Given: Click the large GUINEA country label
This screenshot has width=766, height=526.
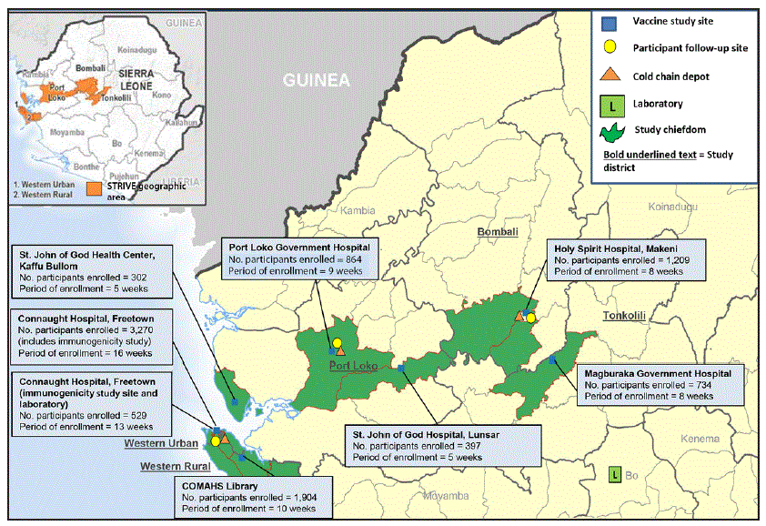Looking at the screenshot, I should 316,80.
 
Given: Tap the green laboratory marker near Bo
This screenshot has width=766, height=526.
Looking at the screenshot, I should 615,475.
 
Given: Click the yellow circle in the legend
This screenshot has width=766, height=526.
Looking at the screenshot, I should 611,48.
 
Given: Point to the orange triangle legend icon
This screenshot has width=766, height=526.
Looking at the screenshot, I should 611,76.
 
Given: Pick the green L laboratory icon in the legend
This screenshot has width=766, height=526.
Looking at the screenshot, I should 611,105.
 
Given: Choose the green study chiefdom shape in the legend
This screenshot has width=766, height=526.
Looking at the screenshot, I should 611,131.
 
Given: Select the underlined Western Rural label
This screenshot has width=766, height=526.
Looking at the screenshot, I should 172,466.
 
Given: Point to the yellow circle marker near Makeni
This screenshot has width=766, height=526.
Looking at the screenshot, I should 530,318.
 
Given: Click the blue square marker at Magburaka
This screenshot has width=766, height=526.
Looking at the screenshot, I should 553,359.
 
